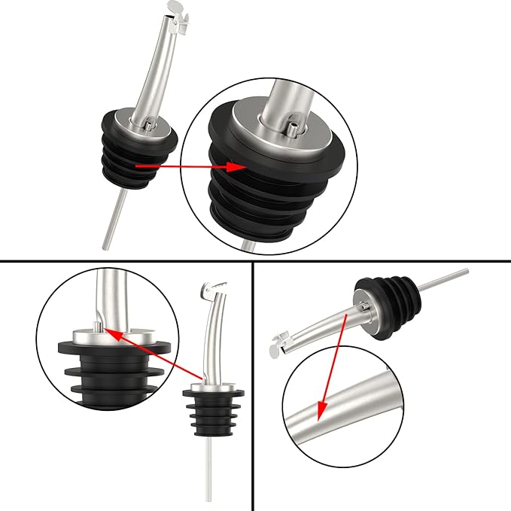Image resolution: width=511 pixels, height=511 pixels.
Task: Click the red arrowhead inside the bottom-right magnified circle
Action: [320, 414]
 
